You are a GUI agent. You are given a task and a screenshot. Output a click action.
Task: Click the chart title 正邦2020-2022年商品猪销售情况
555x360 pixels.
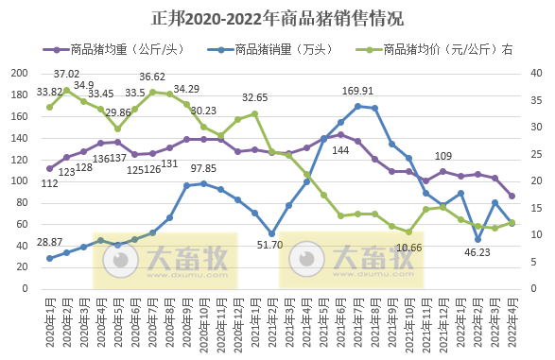[277, 18]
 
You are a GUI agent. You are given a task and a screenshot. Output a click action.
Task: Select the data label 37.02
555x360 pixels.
[66, 74]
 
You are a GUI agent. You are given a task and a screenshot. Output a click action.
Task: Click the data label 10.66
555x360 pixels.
[408, 248]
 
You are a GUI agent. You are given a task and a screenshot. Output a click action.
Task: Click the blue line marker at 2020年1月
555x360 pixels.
[49, 258]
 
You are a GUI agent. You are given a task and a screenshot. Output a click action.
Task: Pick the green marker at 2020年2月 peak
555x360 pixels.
[66, 89]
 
